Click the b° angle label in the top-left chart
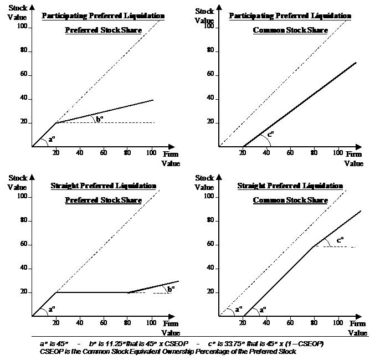100,118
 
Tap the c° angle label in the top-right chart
270,133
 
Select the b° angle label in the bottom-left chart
171,288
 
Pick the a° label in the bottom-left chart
52,308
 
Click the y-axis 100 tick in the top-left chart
23,26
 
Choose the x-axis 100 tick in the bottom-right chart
337,323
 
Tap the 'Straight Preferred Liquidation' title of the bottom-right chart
290,186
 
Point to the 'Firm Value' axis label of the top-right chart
353,159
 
